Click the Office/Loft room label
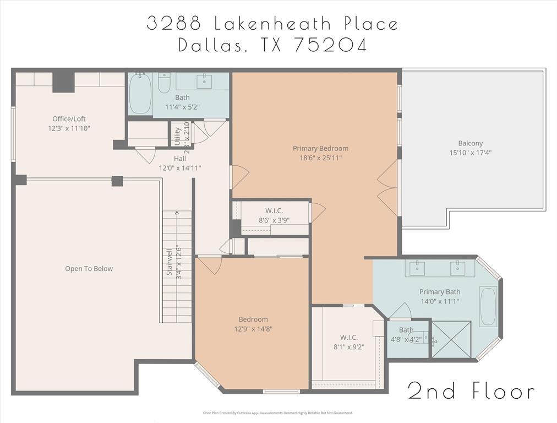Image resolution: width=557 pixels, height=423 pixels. (69, 118)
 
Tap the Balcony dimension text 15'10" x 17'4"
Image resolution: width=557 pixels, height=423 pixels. (470, 153)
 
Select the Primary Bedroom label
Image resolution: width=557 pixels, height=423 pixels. (320, 148)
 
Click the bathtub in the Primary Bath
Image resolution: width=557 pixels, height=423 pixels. (488, 306)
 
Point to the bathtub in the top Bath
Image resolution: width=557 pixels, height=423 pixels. (140, 94)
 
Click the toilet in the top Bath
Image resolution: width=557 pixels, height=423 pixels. (164, 83)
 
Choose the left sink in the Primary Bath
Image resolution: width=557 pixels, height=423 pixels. (417, 268)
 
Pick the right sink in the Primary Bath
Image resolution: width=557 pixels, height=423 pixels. (457, 268)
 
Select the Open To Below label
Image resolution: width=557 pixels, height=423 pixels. (89, 269)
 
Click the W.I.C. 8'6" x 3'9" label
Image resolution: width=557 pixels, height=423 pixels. (274, 215)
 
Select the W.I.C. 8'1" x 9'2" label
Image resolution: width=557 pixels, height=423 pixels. (348, 342)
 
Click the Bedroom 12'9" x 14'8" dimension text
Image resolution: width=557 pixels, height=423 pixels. (253, 329)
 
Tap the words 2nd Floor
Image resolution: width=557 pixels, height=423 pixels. (471, 391)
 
